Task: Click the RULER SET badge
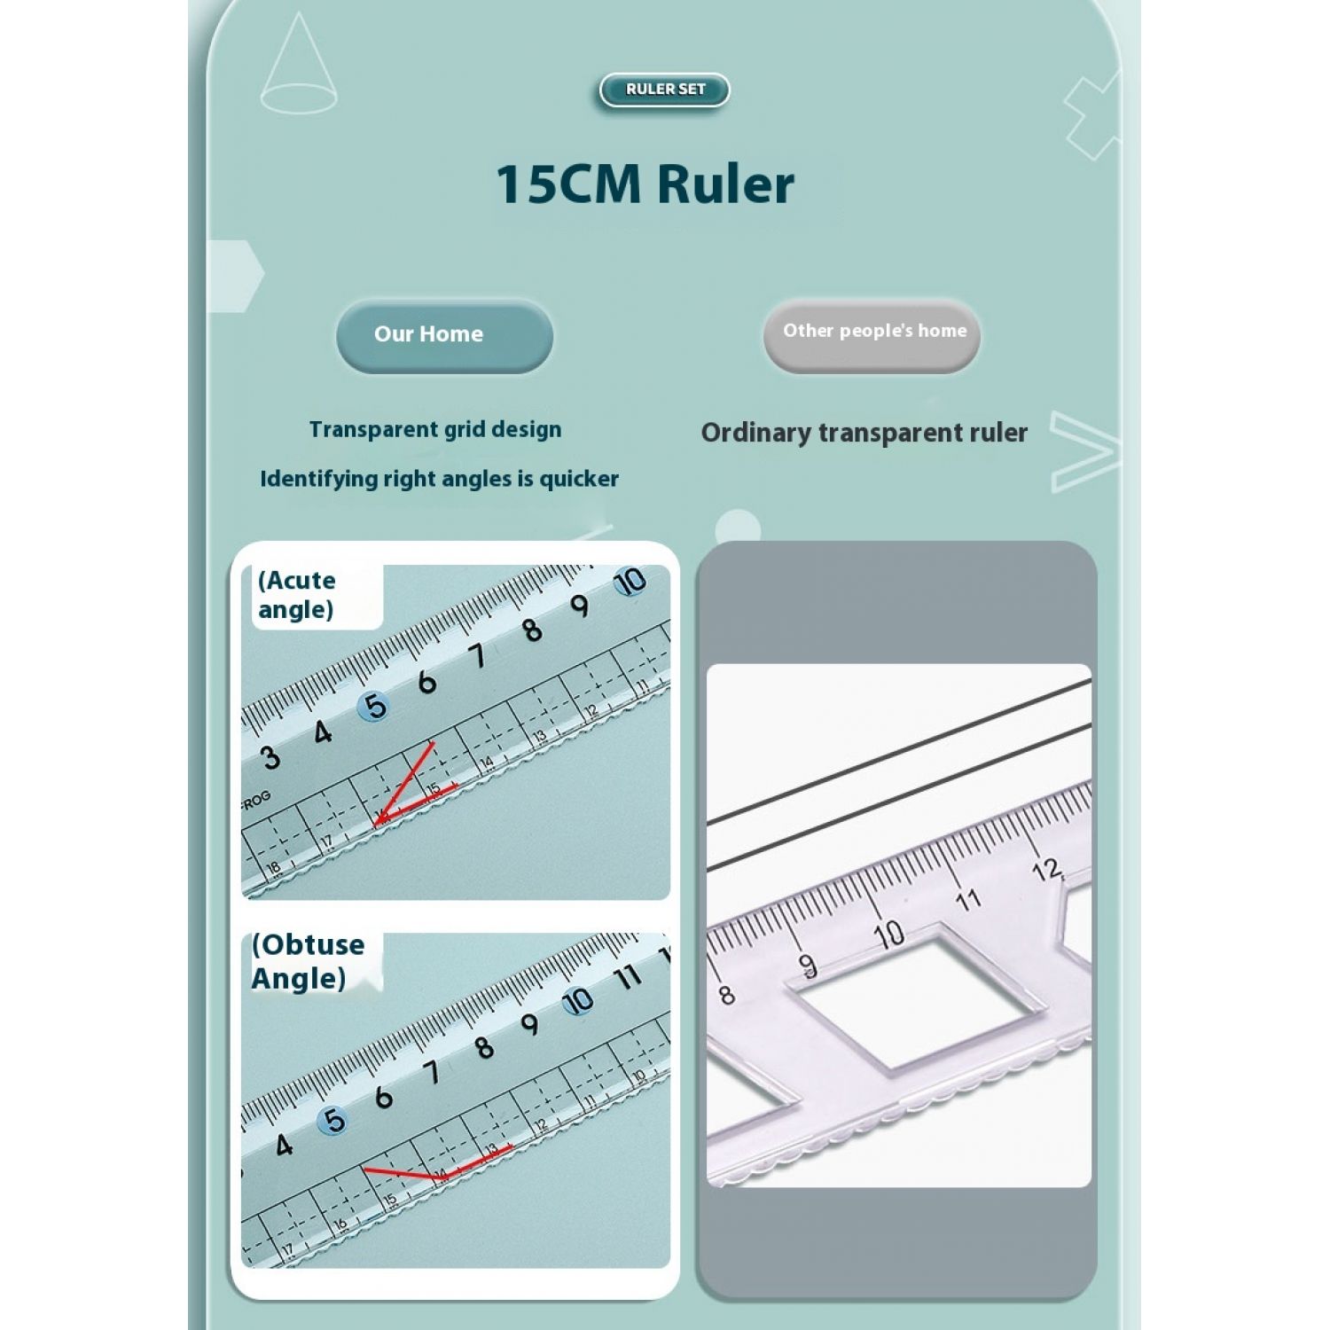[x=665, y=90]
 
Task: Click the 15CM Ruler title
[x=645, y=184]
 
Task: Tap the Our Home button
[x=444, y=335]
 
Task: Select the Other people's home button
[x=872, y=334]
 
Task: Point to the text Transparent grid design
[x=435, y=430]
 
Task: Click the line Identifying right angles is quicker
[x=439, y=480]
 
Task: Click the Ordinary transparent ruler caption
[x=864, y=433]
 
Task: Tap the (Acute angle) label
[x=297, y=595]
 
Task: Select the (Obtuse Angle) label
[x=308, y=961]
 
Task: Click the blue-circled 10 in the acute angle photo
[x=630, y=583]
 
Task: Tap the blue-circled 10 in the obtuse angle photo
[x=578, y=1001]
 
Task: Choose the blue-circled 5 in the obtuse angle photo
[x=333, y=1121]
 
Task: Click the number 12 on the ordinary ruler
[x=1047, y=869]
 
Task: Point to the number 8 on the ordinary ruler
[x=726, y=995]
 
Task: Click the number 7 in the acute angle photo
[x=479, y=656]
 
